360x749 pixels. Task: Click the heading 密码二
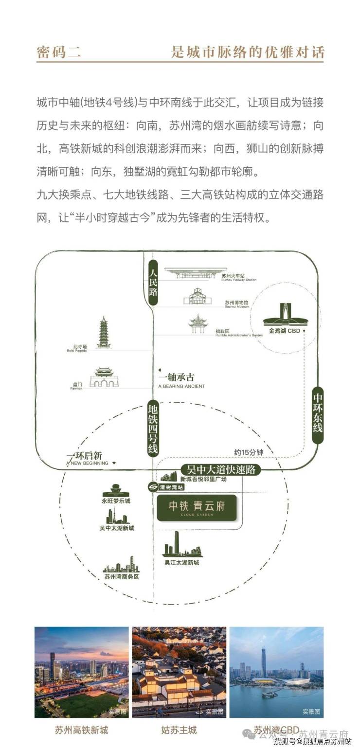[x=59, y=52]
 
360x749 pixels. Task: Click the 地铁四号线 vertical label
[x=154, y=428]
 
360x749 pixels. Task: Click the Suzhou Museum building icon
[x=198, y=296]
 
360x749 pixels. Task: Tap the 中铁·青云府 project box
[x=197, y=507]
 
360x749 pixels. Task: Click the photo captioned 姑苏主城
[x=179, y=672]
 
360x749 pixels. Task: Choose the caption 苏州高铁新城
[x=81, y=730]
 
